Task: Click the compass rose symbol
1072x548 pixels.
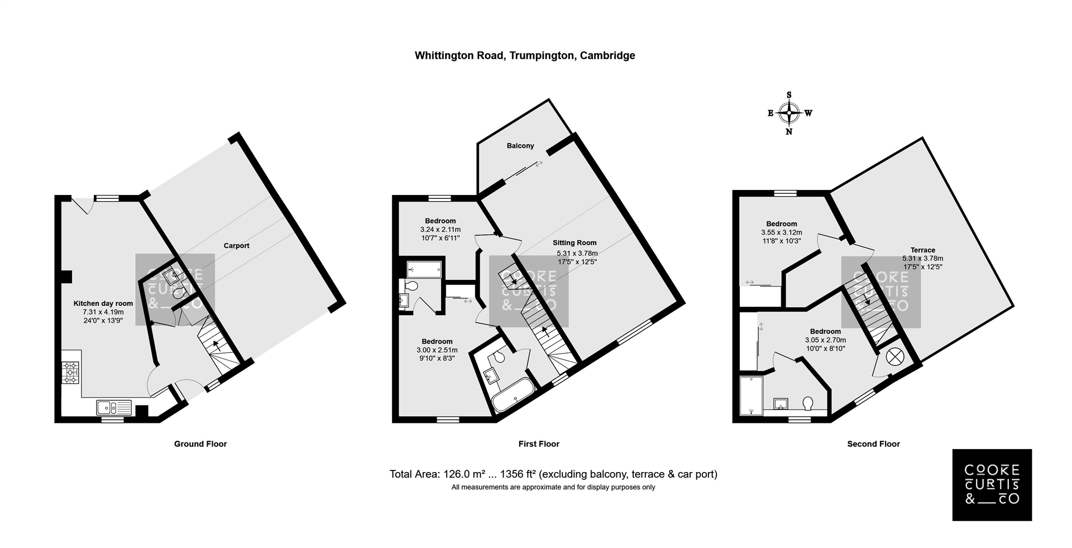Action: coord(789,113)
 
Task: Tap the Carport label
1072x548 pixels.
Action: coord(236,246)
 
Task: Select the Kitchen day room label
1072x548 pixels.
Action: coord(103,304)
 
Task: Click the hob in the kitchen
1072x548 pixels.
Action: coord(71,373)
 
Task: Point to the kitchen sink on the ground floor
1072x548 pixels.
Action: coord(114,407)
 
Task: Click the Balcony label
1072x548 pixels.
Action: coord(520,146)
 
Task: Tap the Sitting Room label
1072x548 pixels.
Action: coord(575,243)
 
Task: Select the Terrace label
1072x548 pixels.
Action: coord(922,250)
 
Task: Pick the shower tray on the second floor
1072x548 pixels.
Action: coord(751,395)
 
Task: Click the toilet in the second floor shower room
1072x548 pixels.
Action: coord(808,403)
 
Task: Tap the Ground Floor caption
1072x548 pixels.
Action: coord(200,444)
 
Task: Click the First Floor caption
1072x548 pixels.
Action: coord(539,444)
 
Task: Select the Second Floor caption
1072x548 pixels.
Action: coord(873,444)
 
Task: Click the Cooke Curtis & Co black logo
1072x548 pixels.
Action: coord(992,485)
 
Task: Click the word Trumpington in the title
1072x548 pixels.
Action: coord(542,56)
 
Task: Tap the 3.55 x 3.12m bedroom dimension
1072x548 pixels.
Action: coord(782,233)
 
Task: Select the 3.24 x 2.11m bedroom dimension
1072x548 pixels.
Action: coord(441,230)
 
